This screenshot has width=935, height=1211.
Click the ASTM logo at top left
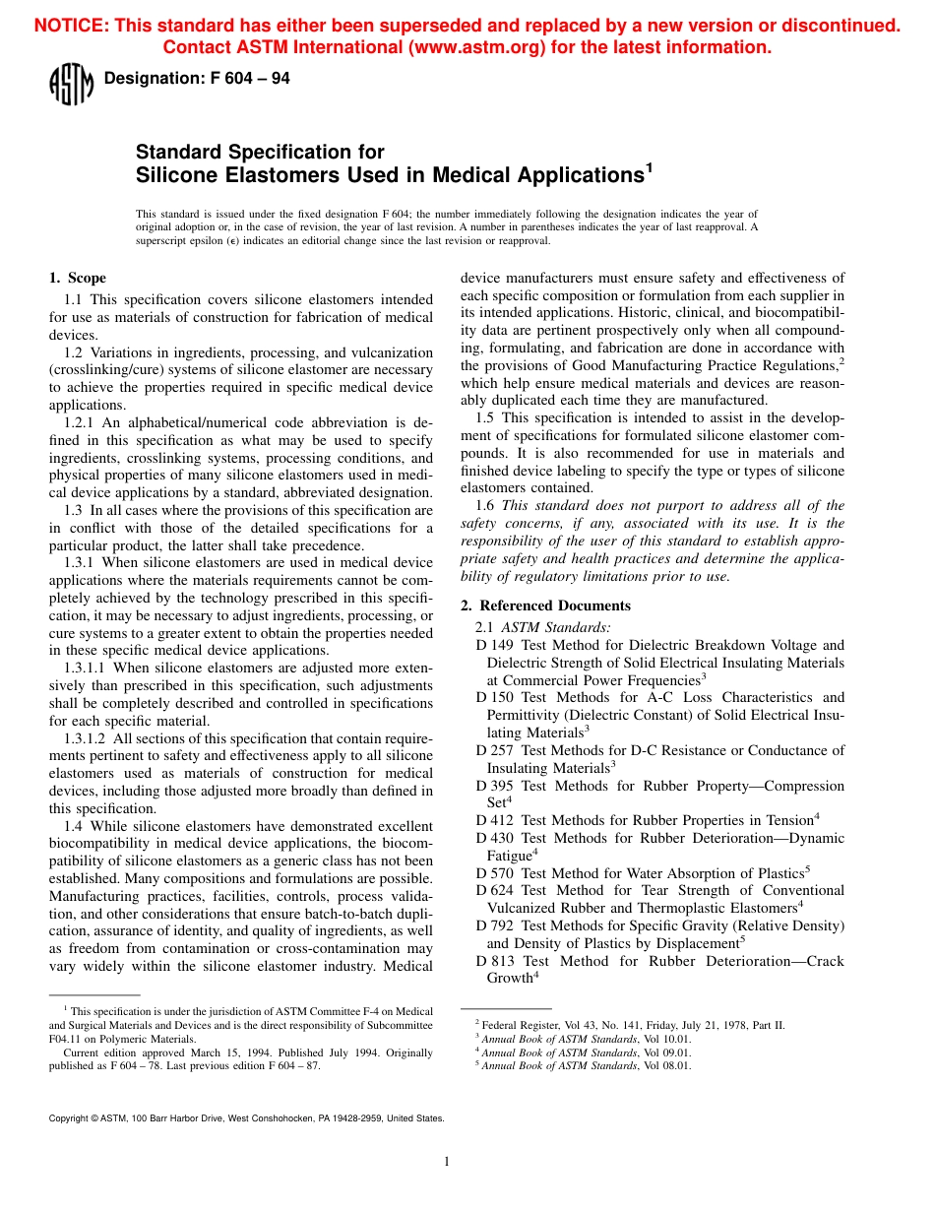[x=70, y=84]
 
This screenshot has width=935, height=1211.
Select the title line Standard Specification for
[x=260, y=152]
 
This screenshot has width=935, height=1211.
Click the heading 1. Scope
[x=78, y=278]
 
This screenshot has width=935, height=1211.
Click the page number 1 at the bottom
[x=446, y=1162]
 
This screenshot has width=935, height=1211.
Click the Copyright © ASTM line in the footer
[x=246, y=1118]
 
